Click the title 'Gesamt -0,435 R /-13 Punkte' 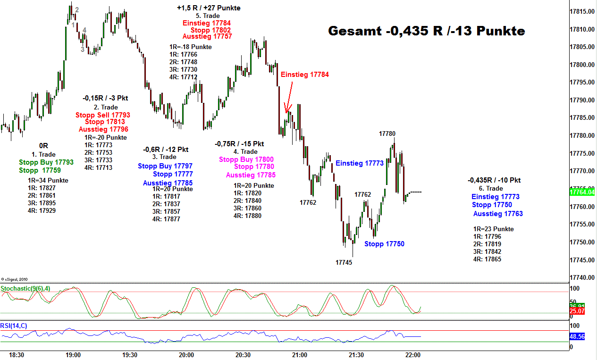tap(426, 31)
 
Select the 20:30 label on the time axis tap(243, 355)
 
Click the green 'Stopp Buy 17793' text tap(46, 162)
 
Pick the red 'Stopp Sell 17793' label tap(102, 115)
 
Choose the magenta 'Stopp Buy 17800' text tap(246, 159)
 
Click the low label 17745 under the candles tap(344, 262)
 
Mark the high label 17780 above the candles tap(387, 134)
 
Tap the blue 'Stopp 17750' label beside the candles tap(384, 244)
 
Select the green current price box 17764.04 tap(582, 192)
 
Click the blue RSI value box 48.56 tap(578, 337)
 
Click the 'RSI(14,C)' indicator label tap(14, 326)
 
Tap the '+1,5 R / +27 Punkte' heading tap(209, 8)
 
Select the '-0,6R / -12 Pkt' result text tap(166, 150)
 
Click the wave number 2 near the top tap(77, 9)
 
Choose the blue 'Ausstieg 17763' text tap(498, 214)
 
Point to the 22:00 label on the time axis tap(413, 355)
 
